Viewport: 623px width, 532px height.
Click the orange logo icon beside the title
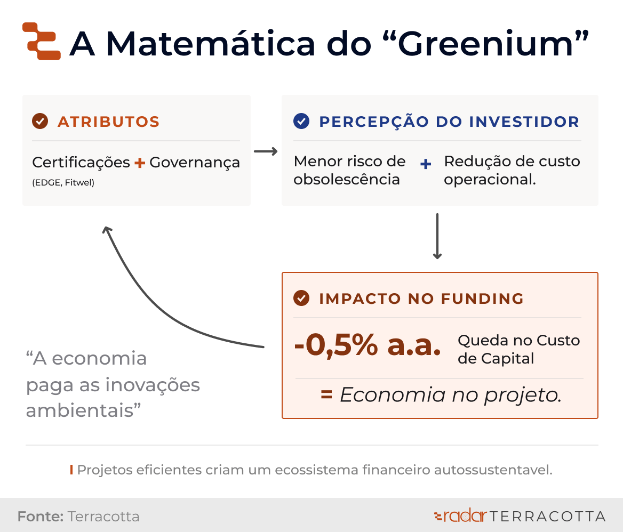41,41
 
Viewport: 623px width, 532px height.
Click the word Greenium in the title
485,43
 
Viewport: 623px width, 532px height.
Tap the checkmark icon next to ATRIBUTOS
40,121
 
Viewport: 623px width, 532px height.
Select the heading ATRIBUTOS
108,122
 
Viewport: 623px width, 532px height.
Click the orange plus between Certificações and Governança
139,163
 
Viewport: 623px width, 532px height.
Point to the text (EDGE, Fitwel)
63,183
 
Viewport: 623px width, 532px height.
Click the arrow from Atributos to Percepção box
266,151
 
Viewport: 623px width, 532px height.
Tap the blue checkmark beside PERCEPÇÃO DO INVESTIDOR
301,121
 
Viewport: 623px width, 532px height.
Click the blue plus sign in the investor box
426,164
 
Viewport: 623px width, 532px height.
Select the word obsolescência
347,180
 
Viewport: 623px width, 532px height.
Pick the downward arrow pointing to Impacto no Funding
437,236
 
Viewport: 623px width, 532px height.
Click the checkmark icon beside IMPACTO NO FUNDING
301,298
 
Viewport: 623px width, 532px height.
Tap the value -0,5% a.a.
368,344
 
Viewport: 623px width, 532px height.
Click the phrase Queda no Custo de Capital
518,349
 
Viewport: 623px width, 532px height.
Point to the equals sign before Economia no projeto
326,394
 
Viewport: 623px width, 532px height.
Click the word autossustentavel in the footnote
493,470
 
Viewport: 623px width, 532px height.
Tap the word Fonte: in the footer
41,517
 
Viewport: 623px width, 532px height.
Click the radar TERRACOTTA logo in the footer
520,516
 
